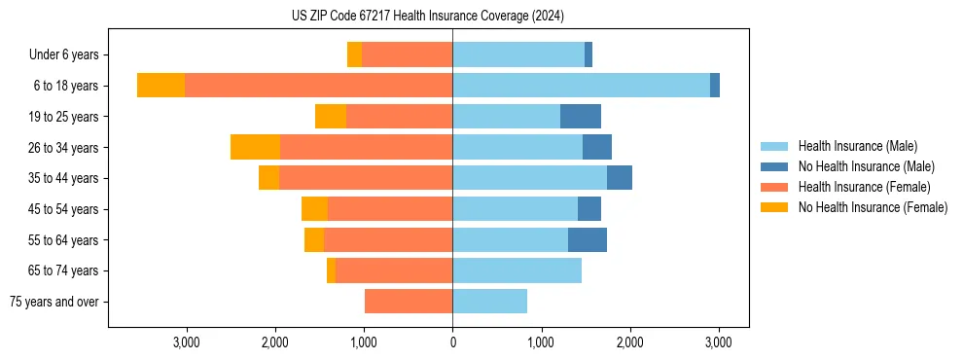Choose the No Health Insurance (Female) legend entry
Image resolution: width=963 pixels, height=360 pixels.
(x=873, y=207)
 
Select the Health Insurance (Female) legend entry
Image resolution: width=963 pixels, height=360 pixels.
(x=864, y=187)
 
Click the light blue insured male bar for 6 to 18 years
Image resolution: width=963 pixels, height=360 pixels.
(x=581, y=86)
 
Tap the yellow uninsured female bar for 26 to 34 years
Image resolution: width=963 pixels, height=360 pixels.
(x=255, y=147)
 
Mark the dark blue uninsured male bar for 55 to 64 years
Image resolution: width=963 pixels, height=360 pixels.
(x=588, y=239)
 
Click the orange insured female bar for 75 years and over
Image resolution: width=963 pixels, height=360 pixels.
(x=409, y=302)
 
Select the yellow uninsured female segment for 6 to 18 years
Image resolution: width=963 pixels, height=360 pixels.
(x=160, y=86)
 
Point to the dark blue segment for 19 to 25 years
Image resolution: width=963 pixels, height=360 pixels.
(x=581, y=117)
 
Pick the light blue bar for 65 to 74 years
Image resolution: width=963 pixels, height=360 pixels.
(x=517, y=270)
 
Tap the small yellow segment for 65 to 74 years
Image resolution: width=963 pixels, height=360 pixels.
(x=331, y=270)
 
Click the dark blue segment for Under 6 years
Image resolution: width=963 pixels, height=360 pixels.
(x=588, y=55)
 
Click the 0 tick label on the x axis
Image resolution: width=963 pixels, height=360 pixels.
(x=452, y=342)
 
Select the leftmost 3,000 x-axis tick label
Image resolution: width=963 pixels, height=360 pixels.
(x=186, y=342)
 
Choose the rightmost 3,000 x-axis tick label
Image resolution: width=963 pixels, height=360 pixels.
(x=719, y=342)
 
